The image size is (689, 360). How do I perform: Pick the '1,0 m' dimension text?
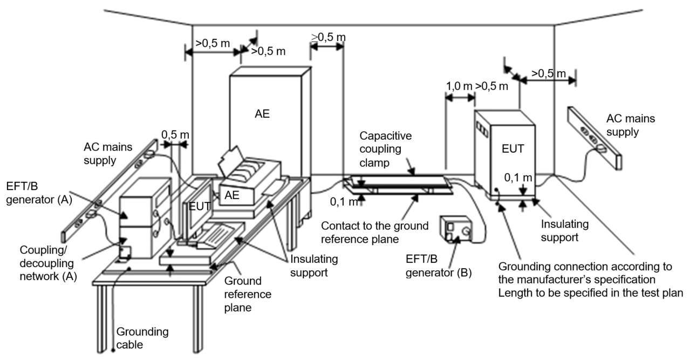click(458, 86)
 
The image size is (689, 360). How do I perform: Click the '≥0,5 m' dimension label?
click(329, 37)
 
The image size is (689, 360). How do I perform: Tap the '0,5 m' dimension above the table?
click(175, 134)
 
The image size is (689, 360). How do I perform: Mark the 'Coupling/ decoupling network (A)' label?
click(48, 263)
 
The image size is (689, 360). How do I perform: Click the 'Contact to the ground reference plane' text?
click(374, 232)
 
